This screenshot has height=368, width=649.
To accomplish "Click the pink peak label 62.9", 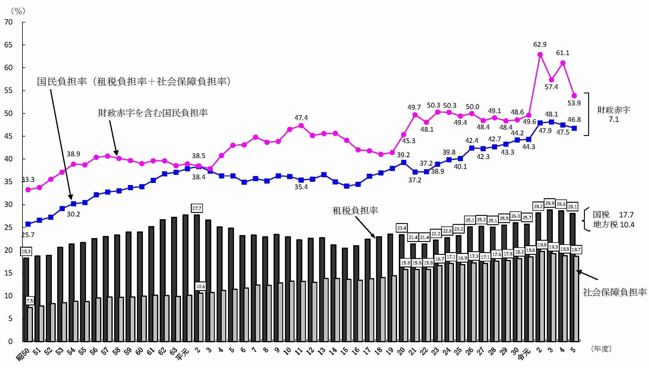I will pos(540,45).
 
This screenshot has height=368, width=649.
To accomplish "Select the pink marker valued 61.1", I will pos(563,63).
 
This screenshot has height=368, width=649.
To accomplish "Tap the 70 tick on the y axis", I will pos(9,22).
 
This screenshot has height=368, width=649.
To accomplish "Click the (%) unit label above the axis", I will pos(18,11).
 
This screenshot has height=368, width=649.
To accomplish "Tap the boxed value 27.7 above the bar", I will pos(197,208).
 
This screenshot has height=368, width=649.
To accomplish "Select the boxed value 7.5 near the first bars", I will pos(30,301).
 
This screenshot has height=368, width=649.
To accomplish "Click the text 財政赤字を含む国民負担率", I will pos(153,113).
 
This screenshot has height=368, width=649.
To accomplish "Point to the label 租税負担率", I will pos(355,210).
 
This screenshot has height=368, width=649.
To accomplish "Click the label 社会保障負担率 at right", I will pos(615,292).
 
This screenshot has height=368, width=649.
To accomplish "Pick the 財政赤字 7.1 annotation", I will pos(614,115).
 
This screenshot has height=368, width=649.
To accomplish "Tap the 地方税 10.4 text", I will pos(614,225).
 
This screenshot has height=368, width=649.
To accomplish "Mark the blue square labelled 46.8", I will pos(574,128).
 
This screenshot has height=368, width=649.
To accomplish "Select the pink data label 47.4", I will pos(301,118).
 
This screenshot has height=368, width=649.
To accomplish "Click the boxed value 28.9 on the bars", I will pos(550,203).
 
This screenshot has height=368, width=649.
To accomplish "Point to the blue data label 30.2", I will pos(73,214).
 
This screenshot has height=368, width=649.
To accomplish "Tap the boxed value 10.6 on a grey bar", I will pos(200,287).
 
